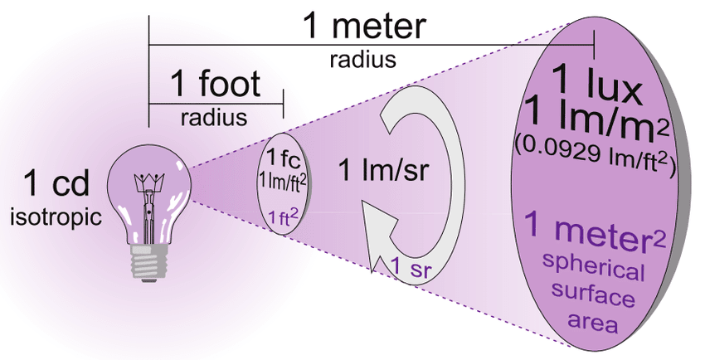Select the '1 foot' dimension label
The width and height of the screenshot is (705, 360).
(215, 84)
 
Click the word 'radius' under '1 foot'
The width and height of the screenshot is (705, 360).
(214, 117)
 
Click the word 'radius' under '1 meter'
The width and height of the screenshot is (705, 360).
(361, 60)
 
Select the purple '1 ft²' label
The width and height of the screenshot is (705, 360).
(279, 218)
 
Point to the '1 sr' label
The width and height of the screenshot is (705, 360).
(409, 266)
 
